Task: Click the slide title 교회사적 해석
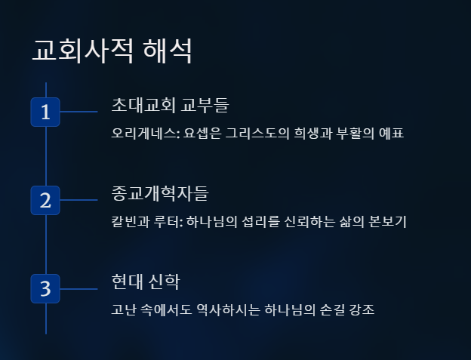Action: point(112,51)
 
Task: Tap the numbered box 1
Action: point(45,112)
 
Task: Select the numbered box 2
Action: point(45,200)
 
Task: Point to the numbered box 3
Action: point(45,288)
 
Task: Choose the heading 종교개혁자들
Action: point(159,192)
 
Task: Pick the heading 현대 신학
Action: point(145,281)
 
